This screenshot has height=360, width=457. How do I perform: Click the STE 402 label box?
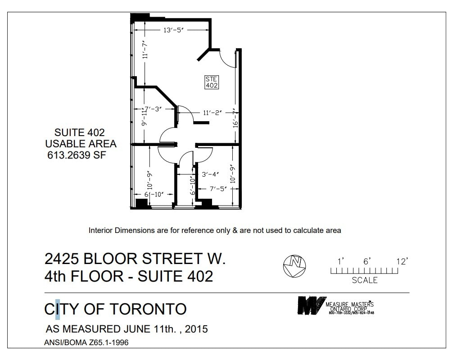[212, 82]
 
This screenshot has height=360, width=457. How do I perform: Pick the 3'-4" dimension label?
[210, 174]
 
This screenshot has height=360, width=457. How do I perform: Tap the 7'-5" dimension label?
[217, 189]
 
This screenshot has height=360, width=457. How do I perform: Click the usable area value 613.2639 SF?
[77, 155]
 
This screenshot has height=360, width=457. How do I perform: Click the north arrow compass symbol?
[294, 266]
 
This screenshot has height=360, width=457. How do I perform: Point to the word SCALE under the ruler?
[364, 280]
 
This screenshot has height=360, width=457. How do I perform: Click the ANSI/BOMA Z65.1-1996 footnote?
[86, 343]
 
